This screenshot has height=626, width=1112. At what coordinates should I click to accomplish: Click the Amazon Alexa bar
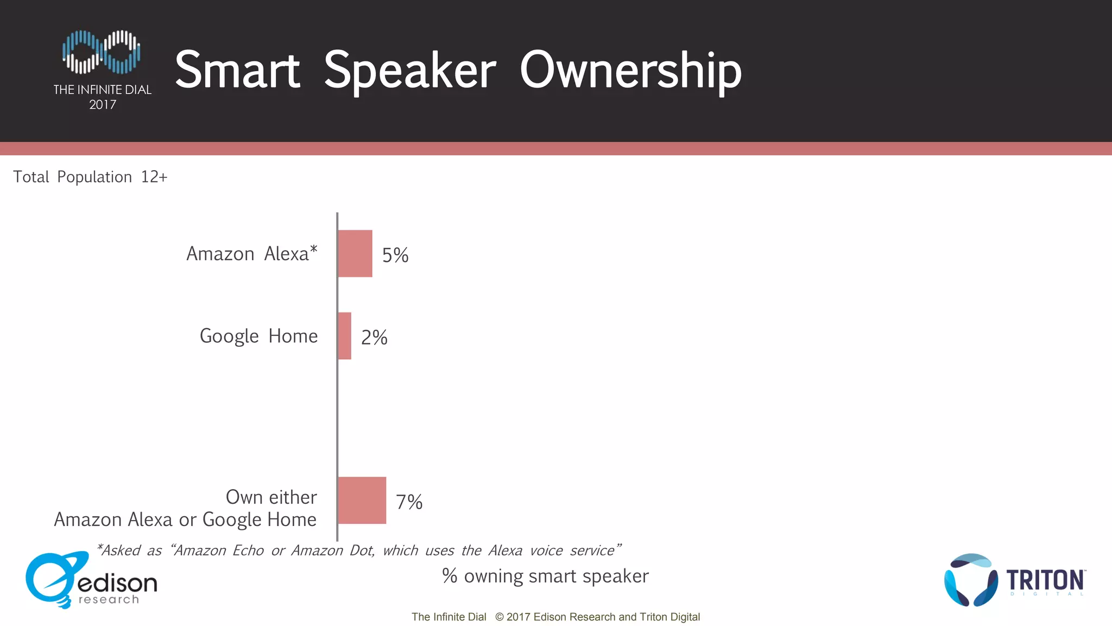pyautogui.click(x=355, y=254)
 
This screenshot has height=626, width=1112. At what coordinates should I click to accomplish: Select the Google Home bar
pyautogui.click(x=345, y=336)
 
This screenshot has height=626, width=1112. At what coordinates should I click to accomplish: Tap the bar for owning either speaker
pyautogui.click(x=362, y=500)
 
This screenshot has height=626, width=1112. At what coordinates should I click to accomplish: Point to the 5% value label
pyautogui.click(x=395, y=255)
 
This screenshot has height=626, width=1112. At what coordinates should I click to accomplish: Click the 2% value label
pyautogui.click(x=374, y=337)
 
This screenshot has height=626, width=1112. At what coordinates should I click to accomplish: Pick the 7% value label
pyautogui.click(x=409, y=502)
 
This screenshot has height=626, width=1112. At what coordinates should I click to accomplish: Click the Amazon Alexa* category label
pyautogui.click(x=252, y=254)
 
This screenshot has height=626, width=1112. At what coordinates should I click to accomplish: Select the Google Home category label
pyautogui.click(x=258, y=336)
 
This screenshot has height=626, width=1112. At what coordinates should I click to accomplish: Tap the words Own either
pyautogui.click(x=271, y=497)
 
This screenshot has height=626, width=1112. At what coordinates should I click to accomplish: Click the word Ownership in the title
pyautogui.click(x=630, y=71)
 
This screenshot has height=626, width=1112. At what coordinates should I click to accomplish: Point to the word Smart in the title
pyautogui.click(x=237, y=71)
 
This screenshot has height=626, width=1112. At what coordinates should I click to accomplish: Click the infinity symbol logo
pyautogui.click(x=102, y=52)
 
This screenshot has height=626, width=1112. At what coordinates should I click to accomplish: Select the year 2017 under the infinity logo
pyautogui.click(x=103, y=105)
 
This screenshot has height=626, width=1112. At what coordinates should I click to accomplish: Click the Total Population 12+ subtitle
pyautogui.click(x=90, y=177)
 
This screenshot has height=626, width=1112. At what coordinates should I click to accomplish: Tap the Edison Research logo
pyautogui.click(x=91, y=581)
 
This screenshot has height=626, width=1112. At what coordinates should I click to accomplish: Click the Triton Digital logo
pyautogui.click(x=1014, y=580)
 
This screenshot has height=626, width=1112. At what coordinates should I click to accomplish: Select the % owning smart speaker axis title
pyautogui.click(x=545, y=576)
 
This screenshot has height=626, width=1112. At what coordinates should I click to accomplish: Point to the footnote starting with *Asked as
pyautogui.click(x=358, y=550)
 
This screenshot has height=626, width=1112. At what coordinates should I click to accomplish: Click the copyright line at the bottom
pyautogui.click(x=555, y=617)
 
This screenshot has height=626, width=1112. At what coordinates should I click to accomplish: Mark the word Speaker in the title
pyautogui.click(x=410, y=71)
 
